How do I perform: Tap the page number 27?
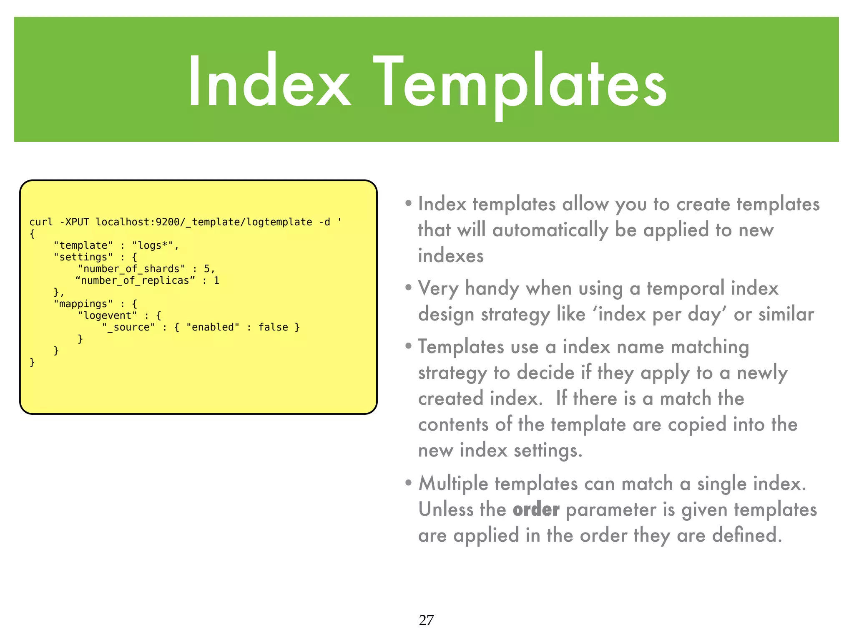pos(426,620)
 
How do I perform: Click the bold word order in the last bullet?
pos(536,510)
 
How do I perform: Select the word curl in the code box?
pos(41,222)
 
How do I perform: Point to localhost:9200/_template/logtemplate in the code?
pos(204,222)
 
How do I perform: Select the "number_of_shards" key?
pos(131,269)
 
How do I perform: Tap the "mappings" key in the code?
pos(83,304)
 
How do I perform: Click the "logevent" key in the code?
pos(108,315)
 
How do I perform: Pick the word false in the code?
pos(273,327)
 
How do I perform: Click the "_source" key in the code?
pos(129,327)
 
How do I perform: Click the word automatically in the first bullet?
pos(550,230)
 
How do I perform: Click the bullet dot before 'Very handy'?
pos(409,288)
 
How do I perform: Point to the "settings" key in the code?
pos(83,257)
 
